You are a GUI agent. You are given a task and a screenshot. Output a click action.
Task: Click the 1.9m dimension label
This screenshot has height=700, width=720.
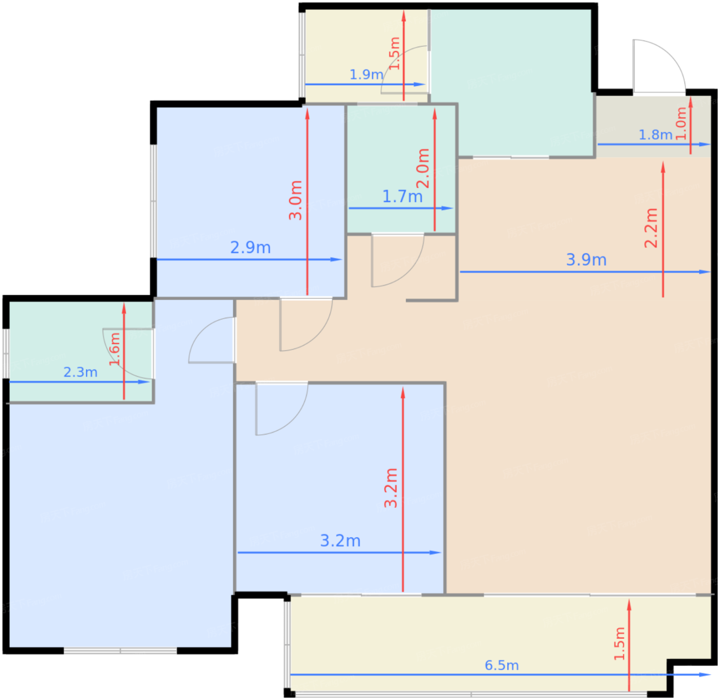[x=366, y=75]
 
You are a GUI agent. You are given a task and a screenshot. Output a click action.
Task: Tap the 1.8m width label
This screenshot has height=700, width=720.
[x=655, y=135]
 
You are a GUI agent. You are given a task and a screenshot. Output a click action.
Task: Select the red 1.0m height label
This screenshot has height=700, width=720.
[x=681, y=123]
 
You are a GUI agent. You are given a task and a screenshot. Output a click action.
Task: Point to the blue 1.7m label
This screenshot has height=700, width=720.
[x=402, y=196]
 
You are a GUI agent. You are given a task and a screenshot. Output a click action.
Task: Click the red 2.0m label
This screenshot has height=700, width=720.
[x=423, y=168]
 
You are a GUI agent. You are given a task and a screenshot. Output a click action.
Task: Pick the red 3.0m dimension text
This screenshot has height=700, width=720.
[x=295, y=200]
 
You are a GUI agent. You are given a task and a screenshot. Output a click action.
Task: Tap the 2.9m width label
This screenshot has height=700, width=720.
[x=250, y=247]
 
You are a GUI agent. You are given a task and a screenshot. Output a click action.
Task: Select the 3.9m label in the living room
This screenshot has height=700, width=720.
[x=586, y=260]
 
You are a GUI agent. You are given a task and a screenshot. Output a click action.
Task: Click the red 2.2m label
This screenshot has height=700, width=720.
[x=651, y=228]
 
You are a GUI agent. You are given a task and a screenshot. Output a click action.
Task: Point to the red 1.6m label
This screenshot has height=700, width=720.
[x=115, y=349]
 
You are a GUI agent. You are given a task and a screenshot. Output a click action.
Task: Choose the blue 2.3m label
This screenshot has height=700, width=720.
[x=80, y=372]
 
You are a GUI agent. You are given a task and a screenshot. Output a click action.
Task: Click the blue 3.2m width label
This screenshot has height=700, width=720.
[x=340, y=541]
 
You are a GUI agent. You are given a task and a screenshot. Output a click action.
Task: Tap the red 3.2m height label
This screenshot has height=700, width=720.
[x=391, y=488]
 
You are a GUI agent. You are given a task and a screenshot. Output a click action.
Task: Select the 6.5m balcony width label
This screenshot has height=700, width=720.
[x=502, y=665]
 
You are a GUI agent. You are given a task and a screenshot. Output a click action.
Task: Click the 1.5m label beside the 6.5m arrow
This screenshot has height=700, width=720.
[x=619, y=644]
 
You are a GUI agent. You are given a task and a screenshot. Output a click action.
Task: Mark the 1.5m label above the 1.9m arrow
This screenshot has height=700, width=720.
[x=395, y=53]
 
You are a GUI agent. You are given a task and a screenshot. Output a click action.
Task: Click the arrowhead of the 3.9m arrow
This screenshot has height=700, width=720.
[x=705, y=272]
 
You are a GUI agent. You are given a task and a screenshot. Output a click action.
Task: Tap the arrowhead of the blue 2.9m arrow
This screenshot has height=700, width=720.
[x=336, y=260]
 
